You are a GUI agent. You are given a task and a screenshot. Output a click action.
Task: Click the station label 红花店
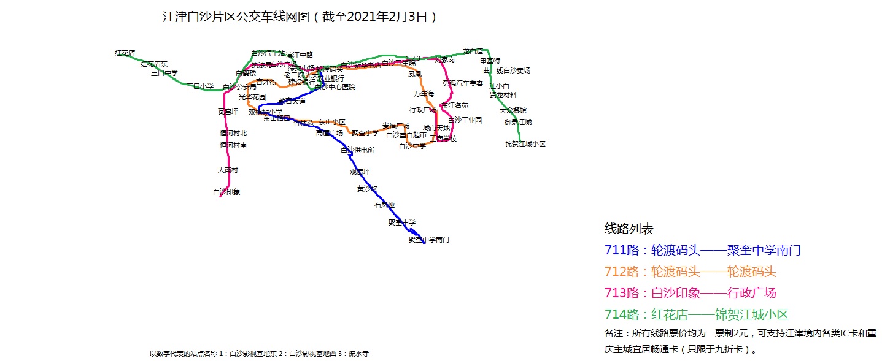125,53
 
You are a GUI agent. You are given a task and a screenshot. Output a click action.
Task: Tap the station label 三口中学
164,73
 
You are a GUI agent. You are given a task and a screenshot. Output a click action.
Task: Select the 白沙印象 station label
226,192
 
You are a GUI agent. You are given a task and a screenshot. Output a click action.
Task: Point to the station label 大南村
228,170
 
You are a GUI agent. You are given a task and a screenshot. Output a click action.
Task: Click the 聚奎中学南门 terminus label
429,240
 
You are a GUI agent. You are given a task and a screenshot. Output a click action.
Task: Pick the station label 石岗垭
384,205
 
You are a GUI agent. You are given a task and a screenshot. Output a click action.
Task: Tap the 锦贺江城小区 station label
525,144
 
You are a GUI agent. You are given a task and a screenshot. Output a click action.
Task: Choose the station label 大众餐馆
513,111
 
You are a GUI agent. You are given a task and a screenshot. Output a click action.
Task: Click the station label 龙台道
473,51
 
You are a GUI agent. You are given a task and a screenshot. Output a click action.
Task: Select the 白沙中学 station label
412,146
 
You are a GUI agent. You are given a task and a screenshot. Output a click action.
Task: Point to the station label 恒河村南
233,145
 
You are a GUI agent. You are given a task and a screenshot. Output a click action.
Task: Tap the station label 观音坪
360,172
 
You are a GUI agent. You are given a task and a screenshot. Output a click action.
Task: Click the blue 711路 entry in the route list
702,251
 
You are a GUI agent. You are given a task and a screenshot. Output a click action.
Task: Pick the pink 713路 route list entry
690,293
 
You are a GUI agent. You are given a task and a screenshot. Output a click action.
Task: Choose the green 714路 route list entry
696,314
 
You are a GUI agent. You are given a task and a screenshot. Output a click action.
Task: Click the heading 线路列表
629,229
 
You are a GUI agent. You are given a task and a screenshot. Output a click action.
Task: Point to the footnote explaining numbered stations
259,354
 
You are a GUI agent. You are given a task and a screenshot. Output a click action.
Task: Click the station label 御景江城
518,122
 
